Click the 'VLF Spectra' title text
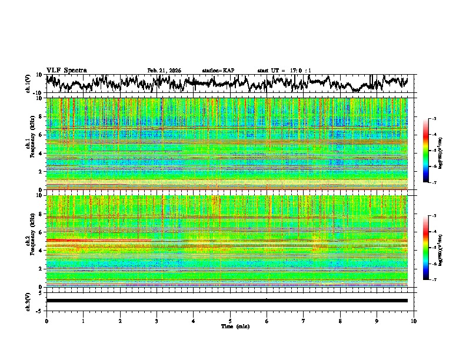click(x=66, y=70)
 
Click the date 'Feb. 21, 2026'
click(x=164, y=71)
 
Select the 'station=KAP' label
click(x=218, y=71)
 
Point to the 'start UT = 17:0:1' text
click(x=284, y=71)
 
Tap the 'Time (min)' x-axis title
click(x=235, y=326)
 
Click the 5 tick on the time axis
click(x=230, y=321)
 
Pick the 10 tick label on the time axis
click(x=414, y=321)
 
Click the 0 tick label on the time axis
click(x=46, y=321)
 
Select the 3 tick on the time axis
click(x=157, y=321)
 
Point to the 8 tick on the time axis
click(x=340, y=321)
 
